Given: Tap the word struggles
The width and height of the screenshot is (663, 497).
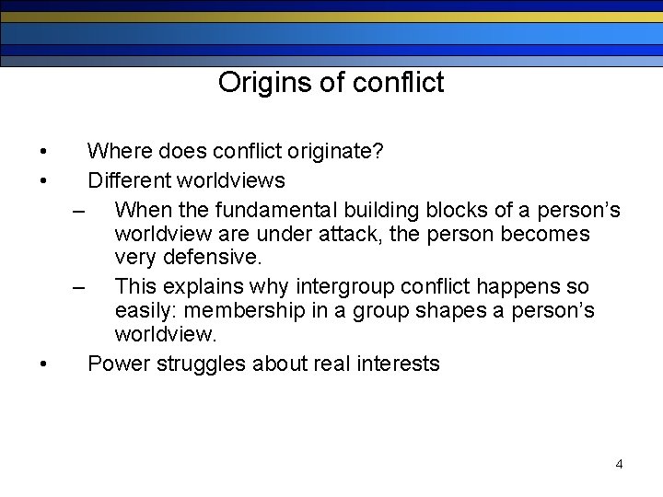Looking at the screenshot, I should tap(201, 364).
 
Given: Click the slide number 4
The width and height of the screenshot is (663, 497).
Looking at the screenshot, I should tap(619, 464).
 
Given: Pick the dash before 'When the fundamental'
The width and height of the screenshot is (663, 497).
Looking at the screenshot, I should tap(81, 212).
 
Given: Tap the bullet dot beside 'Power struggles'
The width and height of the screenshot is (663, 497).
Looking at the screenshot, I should tap(45, 364).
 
